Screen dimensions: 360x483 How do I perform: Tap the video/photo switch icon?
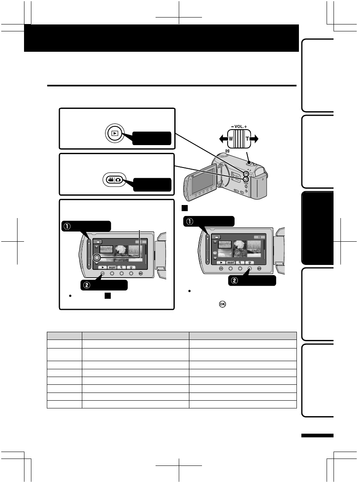(x=112, y=180)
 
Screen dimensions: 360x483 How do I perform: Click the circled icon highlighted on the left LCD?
(x=97, y=257)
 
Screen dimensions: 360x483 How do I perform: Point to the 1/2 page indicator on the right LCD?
(x=257, y=236)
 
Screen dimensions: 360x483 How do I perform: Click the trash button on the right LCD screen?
(x=250, y=263)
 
